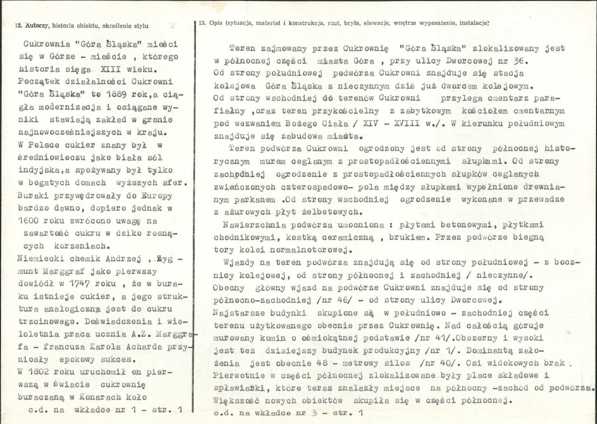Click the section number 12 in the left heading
click(x=18, y=25)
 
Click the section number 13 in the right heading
click(x=202, y=23)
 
